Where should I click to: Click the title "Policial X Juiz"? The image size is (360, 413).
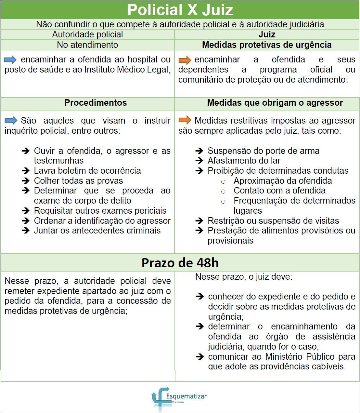pyautogui.click(x=180, y=10)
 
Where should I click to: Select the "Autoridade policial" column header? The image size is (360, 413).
pyautogui.click(x=87, y=34)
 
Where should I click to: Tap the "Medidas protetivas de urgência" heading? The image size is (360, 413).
pyautogui.click(x=267, y=45)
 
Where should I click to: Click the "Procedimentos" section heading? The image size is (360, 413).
pyautogui.click(x=96, y=103)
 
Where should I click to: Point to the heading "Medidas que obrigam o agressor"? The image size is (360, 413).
pyautogui.click(x=275, y=103)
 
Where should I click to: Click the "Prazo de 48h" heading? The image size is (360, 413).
pyautogui.click(x=180, y=263)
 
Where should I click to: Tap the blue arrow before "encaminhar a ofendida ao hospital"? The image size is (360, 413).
pyautogui.click(x=10, y=60)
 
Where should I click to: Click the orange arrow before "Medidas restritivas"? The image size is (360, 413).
pyautogui.click(x=185, y=120)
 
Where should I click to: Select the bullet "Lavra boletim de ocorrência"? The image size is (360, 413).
pyautogui.click(x=87, y=171)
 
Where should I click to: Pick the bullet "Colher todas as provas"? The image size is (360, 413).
pyautogui.click(x=78, y=181)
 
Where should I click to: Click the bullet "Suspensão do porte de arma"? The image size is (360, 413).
pyautogui.click(x=263, y=151)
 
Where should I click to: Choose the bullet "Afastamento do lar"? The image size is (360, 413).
pyautogui.click(x=244, y=161)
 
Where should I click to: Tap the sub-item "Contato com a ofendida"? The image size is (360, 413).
pyautogui.click(x=279, y=191)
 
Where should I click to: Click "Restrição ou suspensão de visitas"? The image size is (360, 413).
pyautogui.click(x=273, y=221)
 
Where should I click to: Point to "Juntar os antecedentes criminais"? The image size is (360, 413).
pyautogui.click(x=97, y=231)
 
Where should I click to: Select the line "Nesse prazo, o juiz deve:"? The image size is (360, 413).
pyautogui.click(x=244, y=277)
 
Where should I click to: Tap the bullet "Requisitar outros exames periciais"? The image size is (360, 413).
pyautogui.click(x=100, y=211)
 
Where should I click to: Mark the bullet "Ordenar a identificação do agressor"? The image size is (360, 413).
pyautogui.click(x=102, y=221)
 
